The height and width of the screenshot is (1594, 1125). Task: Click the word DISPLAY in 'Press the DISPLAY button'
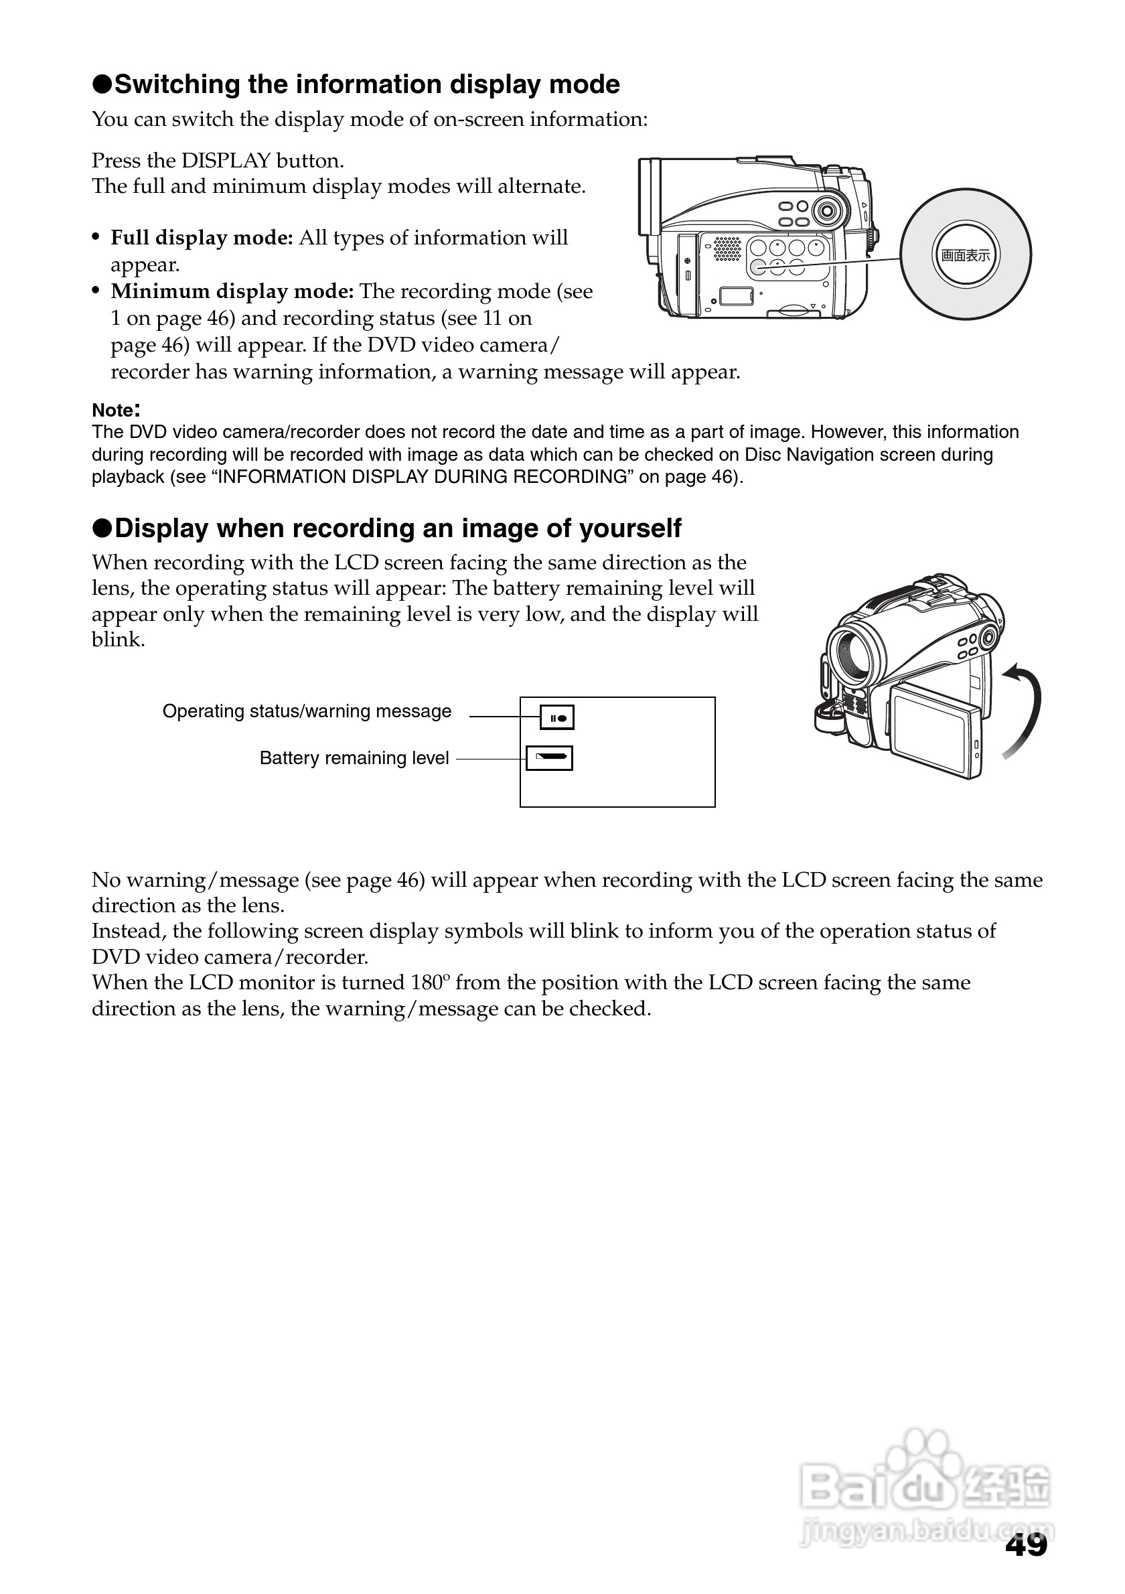click(x=226, y=161)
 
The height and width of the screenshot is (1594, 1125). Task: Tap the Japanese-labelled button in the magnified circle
click(x=966, y=255)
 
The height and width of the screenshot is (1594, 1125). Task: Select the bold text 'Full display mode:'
click(x=202, y=238)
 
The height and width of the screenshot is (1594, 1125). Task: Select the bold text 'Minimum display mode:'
click(x=232, y=291)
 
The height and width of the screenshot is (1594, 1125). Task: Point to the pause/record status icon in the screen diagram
click(x=557, y=718)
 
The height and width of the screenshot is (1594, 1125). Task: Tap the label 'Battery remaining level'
click(x=354, y=758)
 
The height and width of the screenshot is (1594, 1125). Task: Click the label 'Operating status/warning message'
click(x=307, y=711)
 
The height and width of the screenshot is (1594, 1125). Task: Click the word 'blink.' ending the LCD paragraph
click(x=118, y=640)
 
